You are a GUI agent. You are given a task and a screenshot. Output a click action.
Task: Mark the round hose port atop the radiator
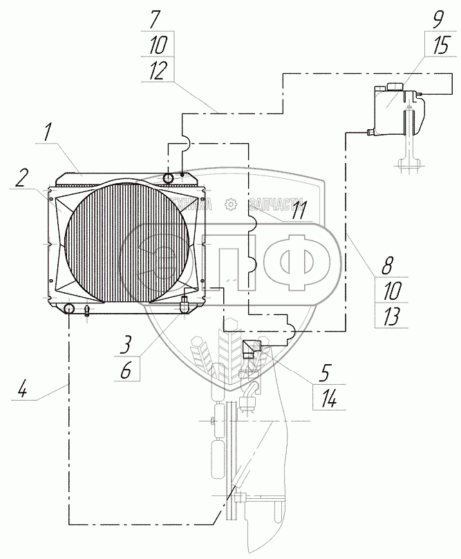(x=169, y=178)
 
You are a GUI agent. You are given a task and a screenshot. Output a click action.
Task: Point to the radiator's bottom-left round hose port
(x=70, y=307)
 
